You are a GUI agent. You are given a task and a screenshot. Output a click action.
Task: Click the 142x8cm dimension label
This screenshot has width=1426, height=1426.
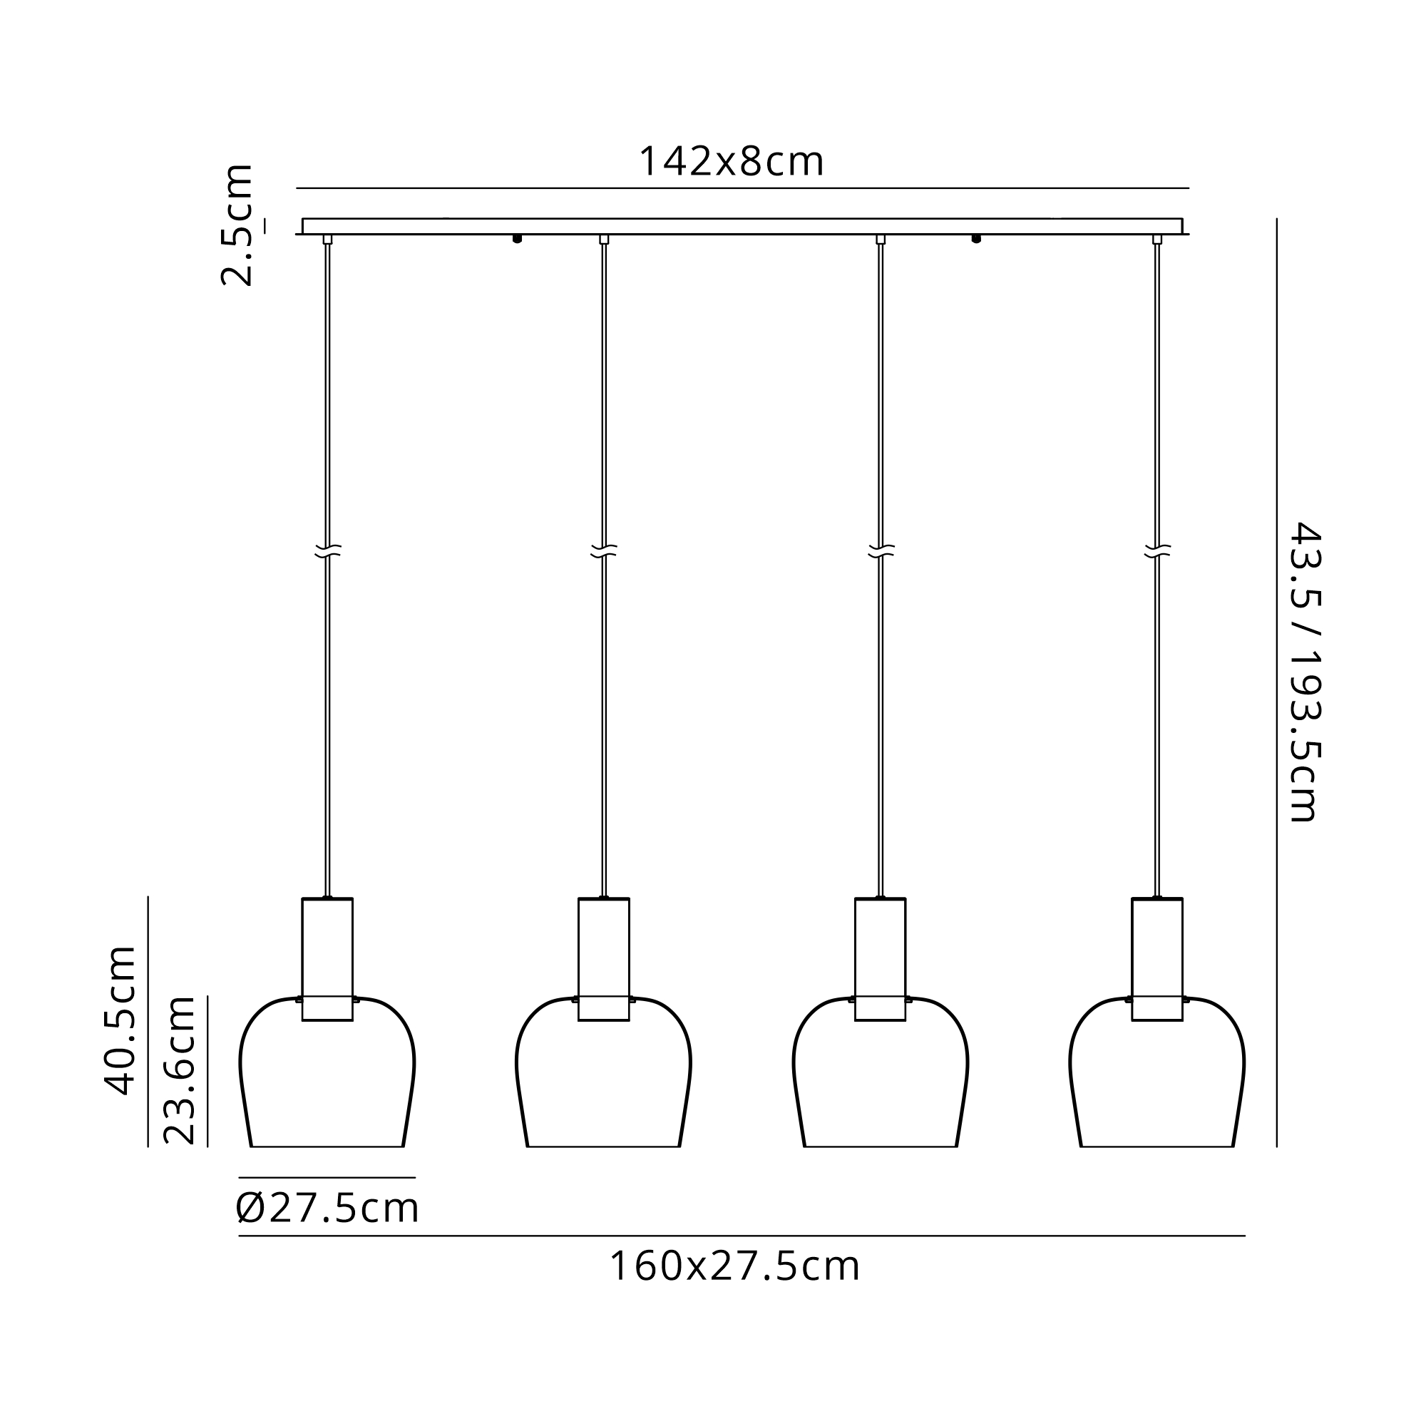[x=731, y=162]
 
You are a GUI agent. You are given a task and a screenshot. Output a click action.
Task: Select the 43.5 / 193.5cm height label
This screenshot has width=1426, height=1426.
[x=1304, y=672]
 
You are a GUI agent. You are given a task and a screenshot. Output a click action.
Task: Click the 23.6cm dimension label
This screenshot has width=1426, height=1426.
[x=180, y=1070]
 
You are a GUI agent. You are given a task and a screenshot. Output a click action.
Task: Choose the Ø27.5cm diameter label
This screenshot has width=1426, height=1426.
[x=328, y=1209]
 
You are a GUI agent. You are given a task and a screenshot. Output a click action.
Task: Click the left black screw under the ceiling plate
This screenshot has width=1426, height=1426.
[x=518, y=238]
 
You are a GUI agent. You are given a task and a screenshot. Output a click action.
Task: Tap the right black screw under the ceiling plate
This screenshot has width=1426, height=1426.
[x=977, y=238]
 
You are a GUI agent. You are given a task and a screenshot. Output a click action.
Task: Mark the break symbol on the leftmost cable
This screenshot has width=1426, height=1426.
[x=328, y=550]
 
